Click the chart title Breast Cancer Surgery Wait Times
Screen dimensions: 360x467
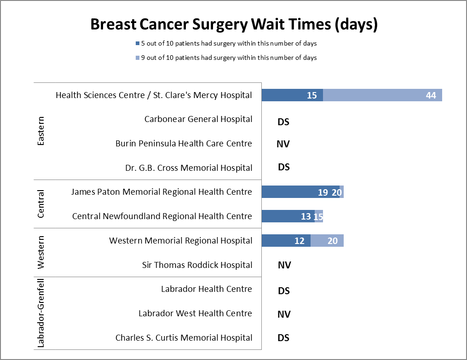point(234,24)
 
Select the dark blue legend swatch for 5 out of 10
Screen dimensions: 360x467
point(137,44)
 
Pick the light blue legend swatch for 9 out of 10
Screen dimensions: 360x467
point(137,58)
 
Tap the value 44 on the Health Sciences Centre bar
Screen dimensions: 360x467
point(431,95)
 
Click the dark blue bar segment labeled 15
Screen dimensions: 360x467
point(292,95)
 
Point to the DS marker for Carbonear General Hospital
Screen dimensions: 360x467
point(283,122)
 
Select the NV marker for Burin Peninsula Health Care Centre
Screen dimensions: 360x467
point(283,144)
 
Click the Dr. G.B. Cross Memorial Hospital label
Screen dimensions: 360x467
point(189,168)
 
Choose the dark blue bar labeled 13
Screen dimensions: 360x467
point(288,216)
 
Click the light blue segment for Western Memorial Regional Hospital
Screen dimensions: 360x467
point(327,241)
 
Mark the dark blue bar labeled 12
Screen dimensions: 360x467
point(286,241)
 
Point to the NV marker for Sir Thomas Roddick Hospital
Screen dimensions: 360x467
point(284,265)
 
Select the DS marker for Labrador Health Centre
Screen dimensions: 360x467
point(284,291)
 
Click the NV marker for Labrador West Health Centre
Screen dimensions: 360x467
point(284,314)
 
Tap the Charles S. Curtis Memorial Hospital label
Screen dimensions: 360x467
point(184,338)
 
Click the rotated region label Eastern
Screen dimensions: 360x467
point(40,131)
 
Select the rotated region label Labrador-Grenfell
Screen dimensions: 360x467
point(40,313)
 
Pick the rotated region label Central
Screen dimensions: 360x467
point(40,204)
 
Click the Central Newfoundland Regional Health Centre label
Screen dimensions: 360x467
point(162,216)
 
